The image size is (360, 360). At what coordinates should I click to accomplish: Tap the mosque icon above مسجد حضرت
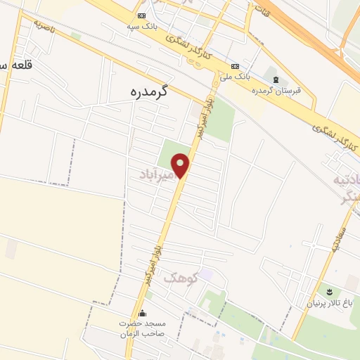click(143, 314)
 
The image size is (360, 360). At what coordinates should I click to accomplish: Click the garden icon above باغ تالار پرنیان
click(328, 291)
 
